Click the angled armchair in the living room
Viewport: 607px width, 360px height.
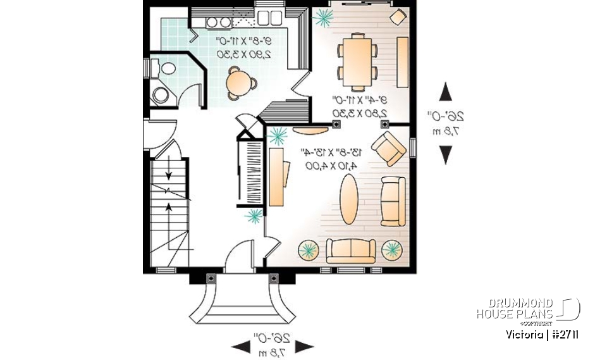388,149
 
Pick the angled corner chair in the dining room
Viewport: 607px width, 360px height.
398,16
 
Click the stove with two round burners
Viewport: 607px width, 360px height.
218,22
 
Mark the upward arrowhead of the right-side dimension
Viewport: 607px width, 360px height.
446,92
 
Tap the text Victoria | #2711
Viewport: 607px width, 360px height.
542,334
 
